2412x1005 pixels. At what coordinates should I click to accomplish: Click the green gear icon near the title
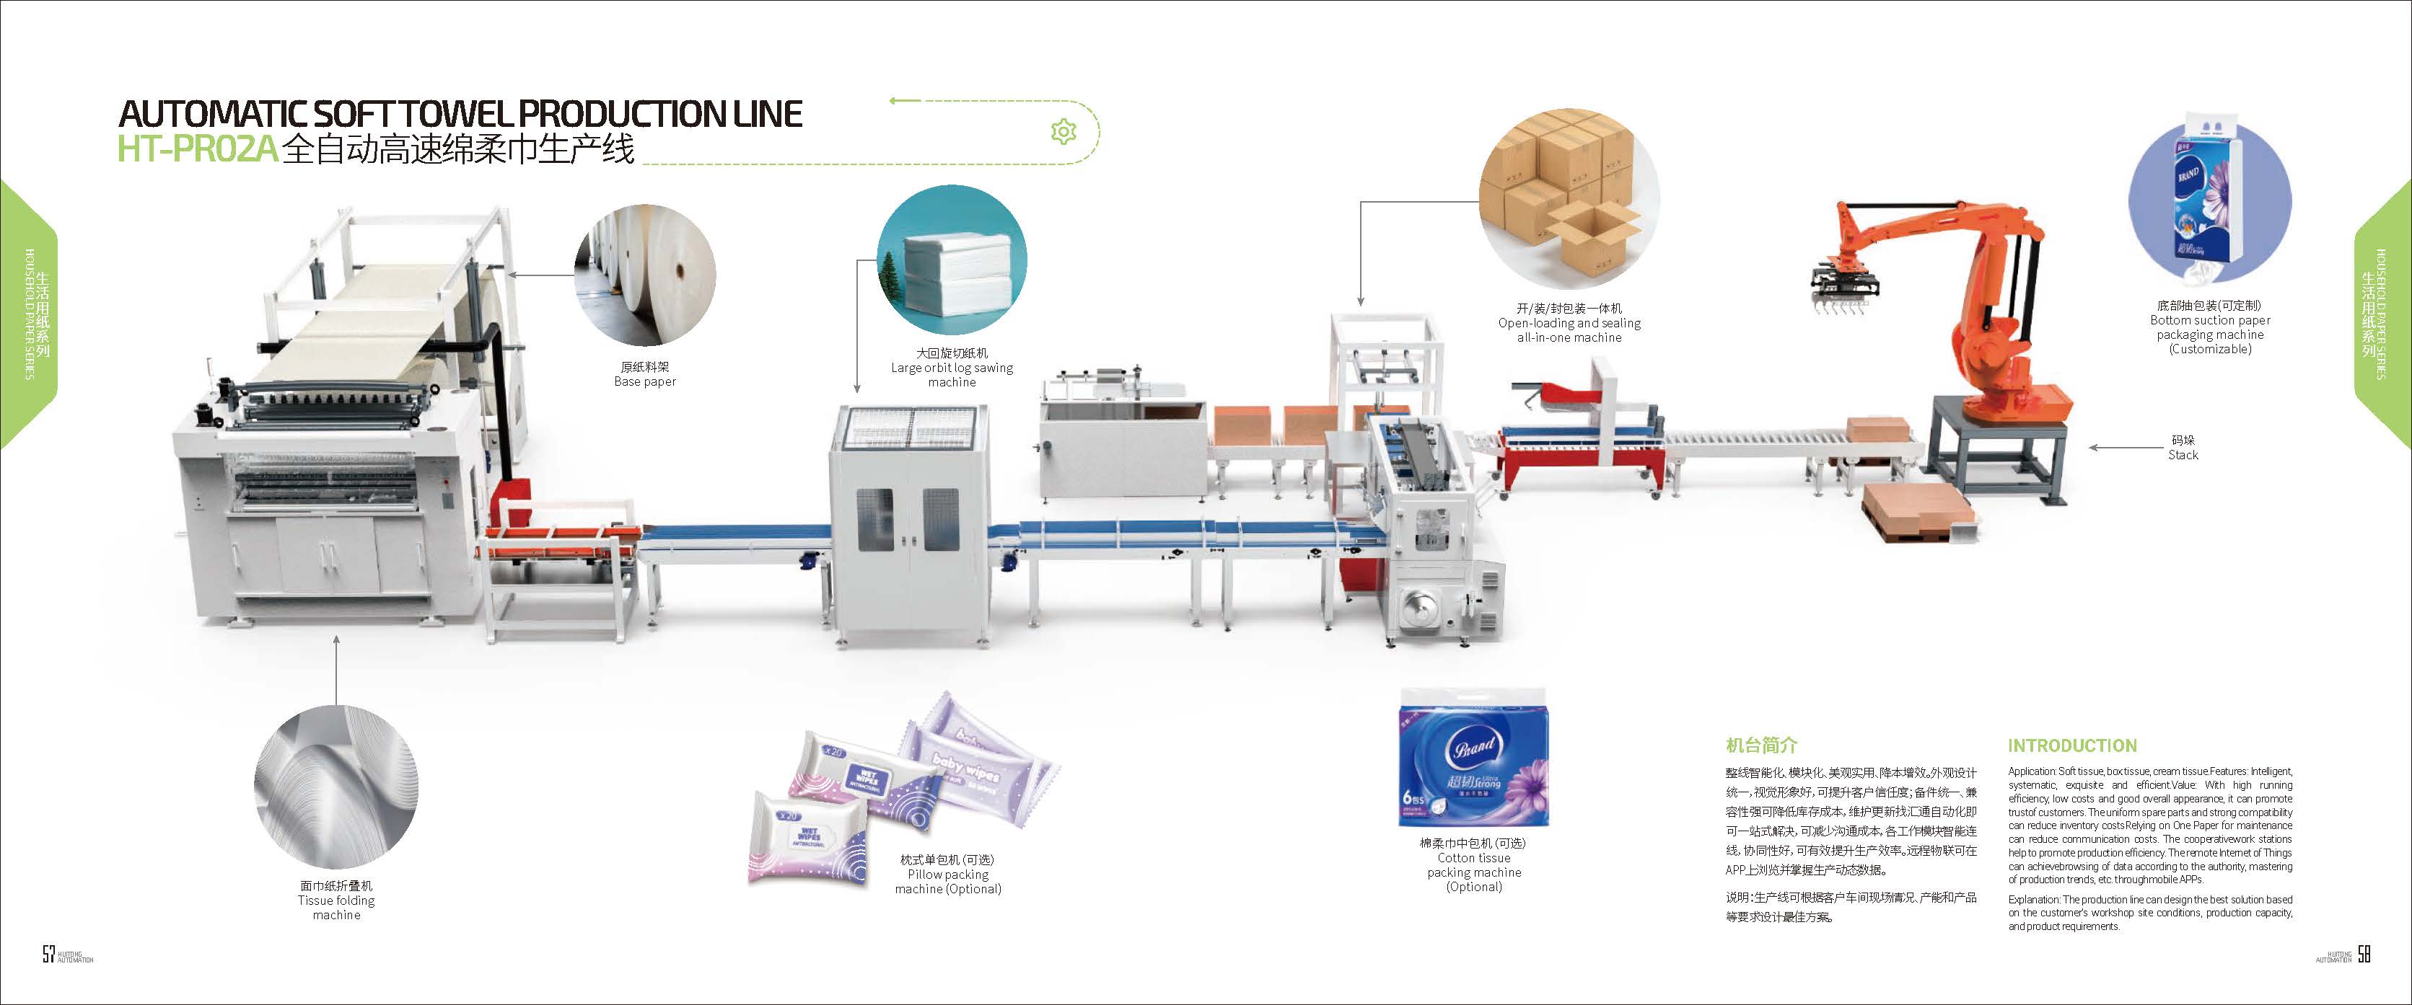pos(1063,132)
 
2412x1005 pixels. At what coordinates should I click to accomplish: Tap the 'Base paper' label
pos(644,382)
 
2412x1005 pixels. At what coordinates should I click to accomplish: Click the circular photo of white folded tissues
pos(952,260)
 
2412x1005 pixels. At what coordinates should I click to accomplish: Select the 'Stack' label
pos(2183,455)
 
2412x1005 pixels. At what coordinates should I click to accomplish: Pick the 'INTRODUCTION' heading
pos(2072,745)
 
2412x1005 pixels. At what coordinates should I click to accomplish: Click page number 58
pos(2364,954)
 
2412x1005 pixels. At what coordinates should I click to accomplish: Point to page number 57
pos(48,954)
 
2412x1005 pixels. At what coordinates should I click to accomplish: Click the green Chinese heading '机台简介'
pos(1761,745)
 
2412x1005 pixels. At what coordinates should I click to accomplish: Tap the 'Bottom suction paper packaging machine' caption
pos(2210,327)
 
